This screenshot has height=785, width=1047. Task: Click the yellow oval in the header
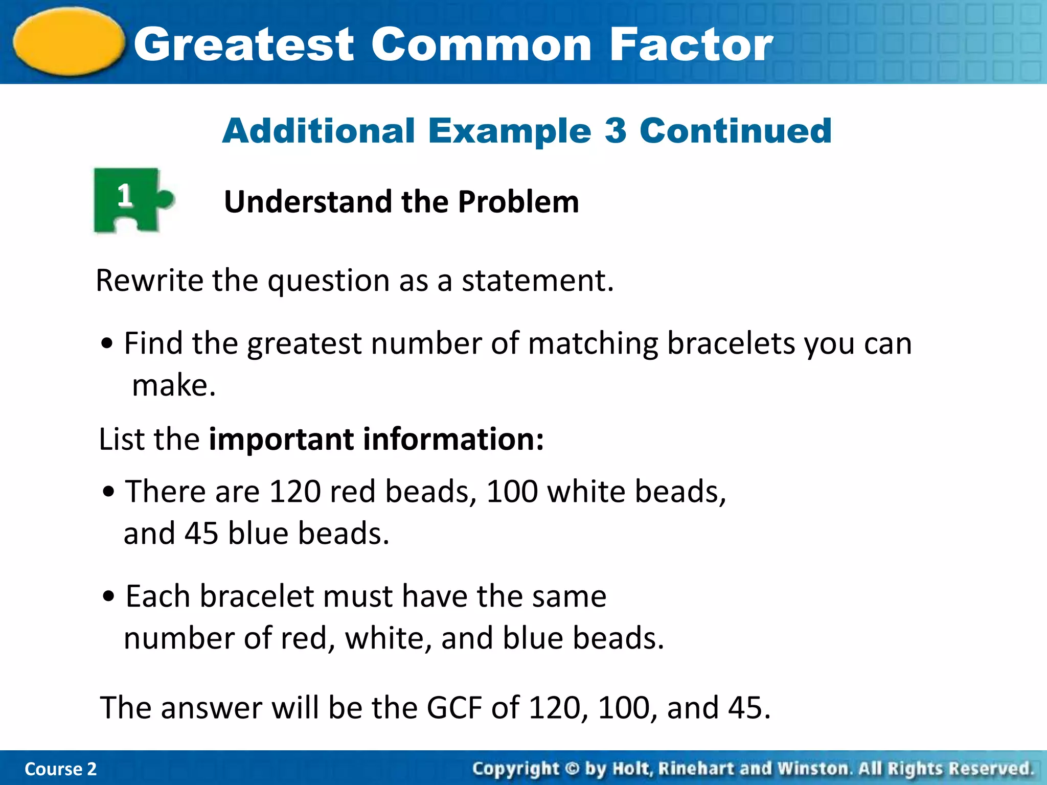[69, 42]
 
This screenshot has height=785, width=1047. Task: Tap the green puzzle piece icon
[130, 200]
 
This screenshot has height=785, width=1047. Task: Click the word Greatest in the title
[244, 45]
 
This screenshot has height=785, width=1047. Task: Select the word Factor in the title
[691, 45]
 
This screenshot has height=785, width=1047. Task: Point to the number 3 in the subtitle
[615, 131]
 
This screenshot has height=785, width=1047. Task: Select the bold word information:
[453, 439]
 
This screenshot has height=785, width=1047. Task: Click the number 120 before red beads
[294, 492]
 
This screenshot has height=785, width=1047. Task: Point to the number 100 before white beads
[512, 492]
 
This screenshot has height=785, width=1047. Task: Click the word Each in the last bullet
[158, 596]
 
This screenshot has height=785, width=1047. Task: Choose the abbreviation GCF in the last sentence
[454, 708]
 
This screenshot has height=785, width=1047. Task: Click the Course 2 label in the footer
[60, 769]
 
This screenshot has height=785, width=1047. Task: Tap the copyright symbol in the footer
[572, 769]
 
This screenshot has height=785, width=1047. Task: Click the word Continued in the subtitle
[736, 131]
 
